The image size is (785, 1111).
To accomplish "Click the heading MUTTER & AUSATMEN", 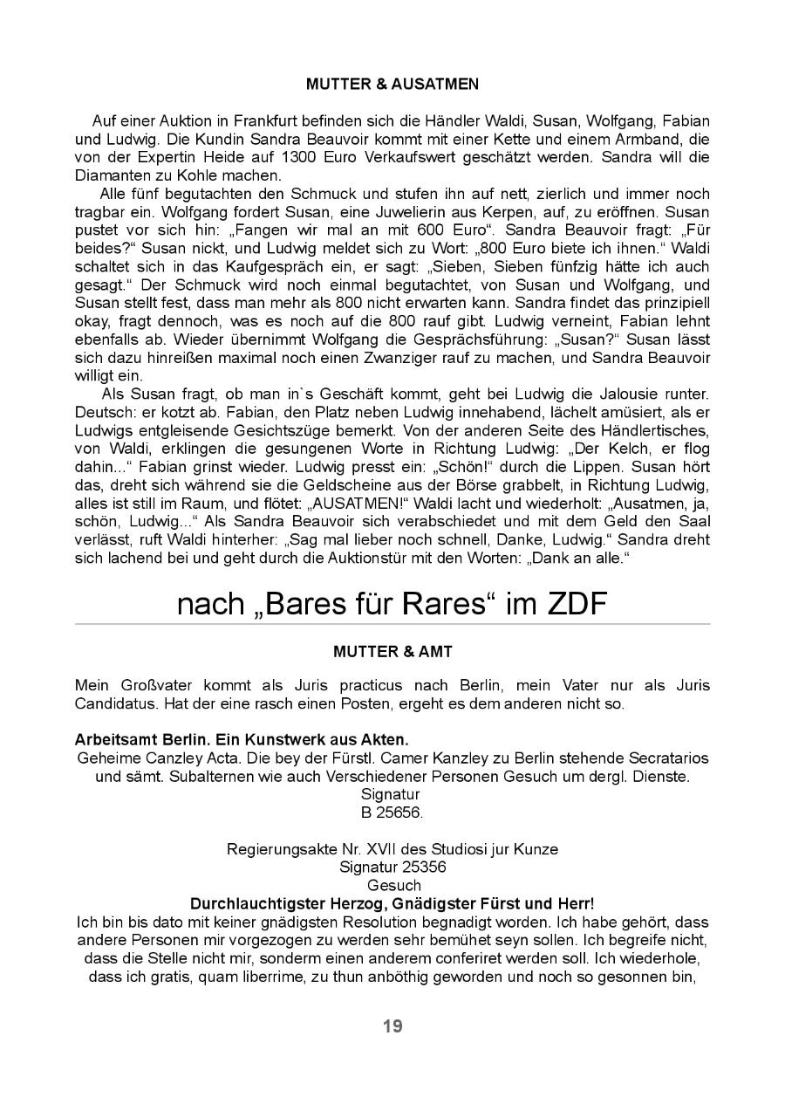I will [x=392, y=85].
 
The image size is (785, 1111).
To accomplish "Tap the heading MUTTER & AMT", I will [x=392, y=651].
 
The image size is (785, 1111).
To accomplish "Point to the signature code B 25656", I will [x=392, y=813].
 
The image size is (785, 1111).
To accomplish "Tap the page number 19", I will [x=392, y=1026].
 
